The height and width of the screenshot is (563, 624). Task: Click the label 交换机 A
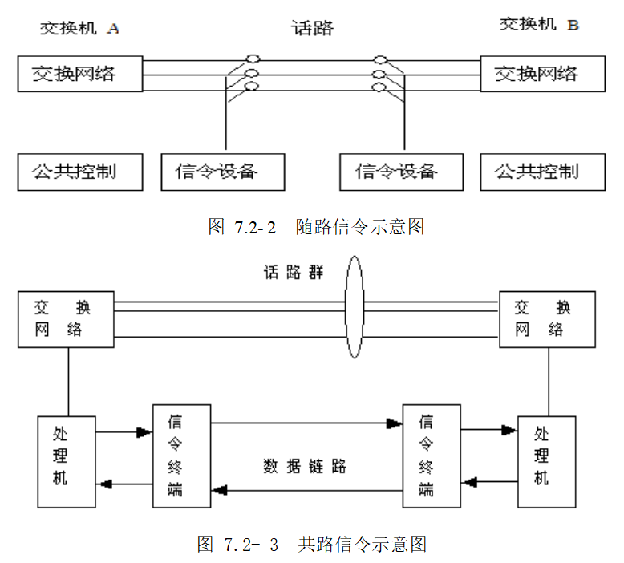coord(79,29)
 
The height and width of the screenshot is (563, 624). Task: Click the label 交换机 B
coord(539,25)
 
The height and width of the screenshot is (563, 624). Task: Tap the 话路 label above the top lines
coord(311,29)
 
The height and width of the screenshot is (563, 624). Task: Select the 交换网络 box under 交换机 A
coord(80,74)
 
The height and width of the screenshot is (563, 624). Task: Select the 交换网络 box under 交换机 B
coord(542,75)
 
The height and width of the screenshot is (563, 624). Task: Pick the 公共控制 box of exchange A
coord(80,172)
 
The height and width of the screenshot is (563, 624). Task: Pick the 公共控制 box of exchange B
coord(542,172)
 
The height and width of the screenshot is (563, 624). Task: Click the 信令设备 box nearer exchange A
coord(222,172)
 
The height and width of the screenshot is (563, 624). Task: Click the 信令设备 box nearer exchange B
coord(401,172)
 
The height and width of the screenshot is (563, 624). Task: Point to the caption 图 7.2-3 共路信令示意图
coord(312,545)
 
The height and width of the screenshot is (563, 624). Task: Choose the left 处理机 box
coord(67,461)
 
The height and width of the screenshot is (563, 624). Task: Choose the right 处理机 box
coord(546,461)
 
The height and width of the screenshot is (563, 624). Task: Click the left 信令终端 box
coord(181,456)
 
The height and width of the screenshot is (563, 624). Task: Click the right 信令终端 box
coord(432,456)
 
